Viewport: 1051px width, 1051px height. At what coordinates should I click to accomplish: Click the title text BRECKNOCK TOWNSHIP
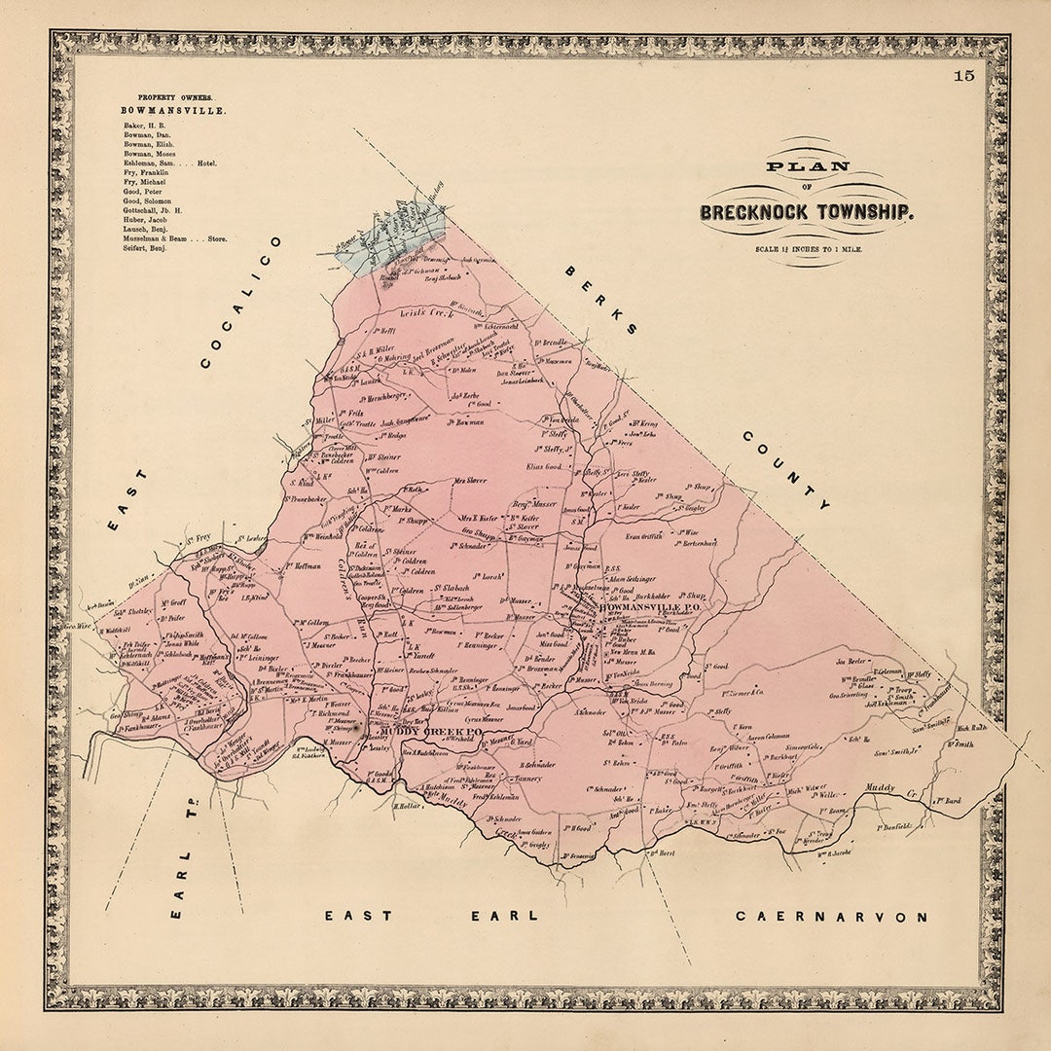click(805, 211)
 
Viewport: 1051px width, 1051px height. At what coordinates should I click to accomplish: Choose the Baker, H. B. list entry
click(144, 126)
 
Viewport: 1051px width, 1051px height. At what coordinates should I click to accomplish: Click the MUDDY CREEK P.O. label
click(432, 731)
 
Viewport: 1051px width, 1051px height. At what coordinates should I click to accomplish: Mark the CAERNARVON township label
click(831, 916)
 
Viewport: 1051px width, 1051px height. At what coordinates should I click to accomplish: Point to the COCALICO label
click(240, 302)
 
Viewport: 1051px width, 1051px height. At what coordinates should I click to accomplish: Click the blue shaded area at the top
click(389, 238)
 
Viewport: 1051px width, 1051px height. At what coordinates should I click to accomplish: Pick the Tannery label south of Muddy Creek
click(527, 779)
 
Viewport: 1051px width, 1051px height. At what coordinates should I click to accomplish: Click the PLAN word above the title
click(793, 166)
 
